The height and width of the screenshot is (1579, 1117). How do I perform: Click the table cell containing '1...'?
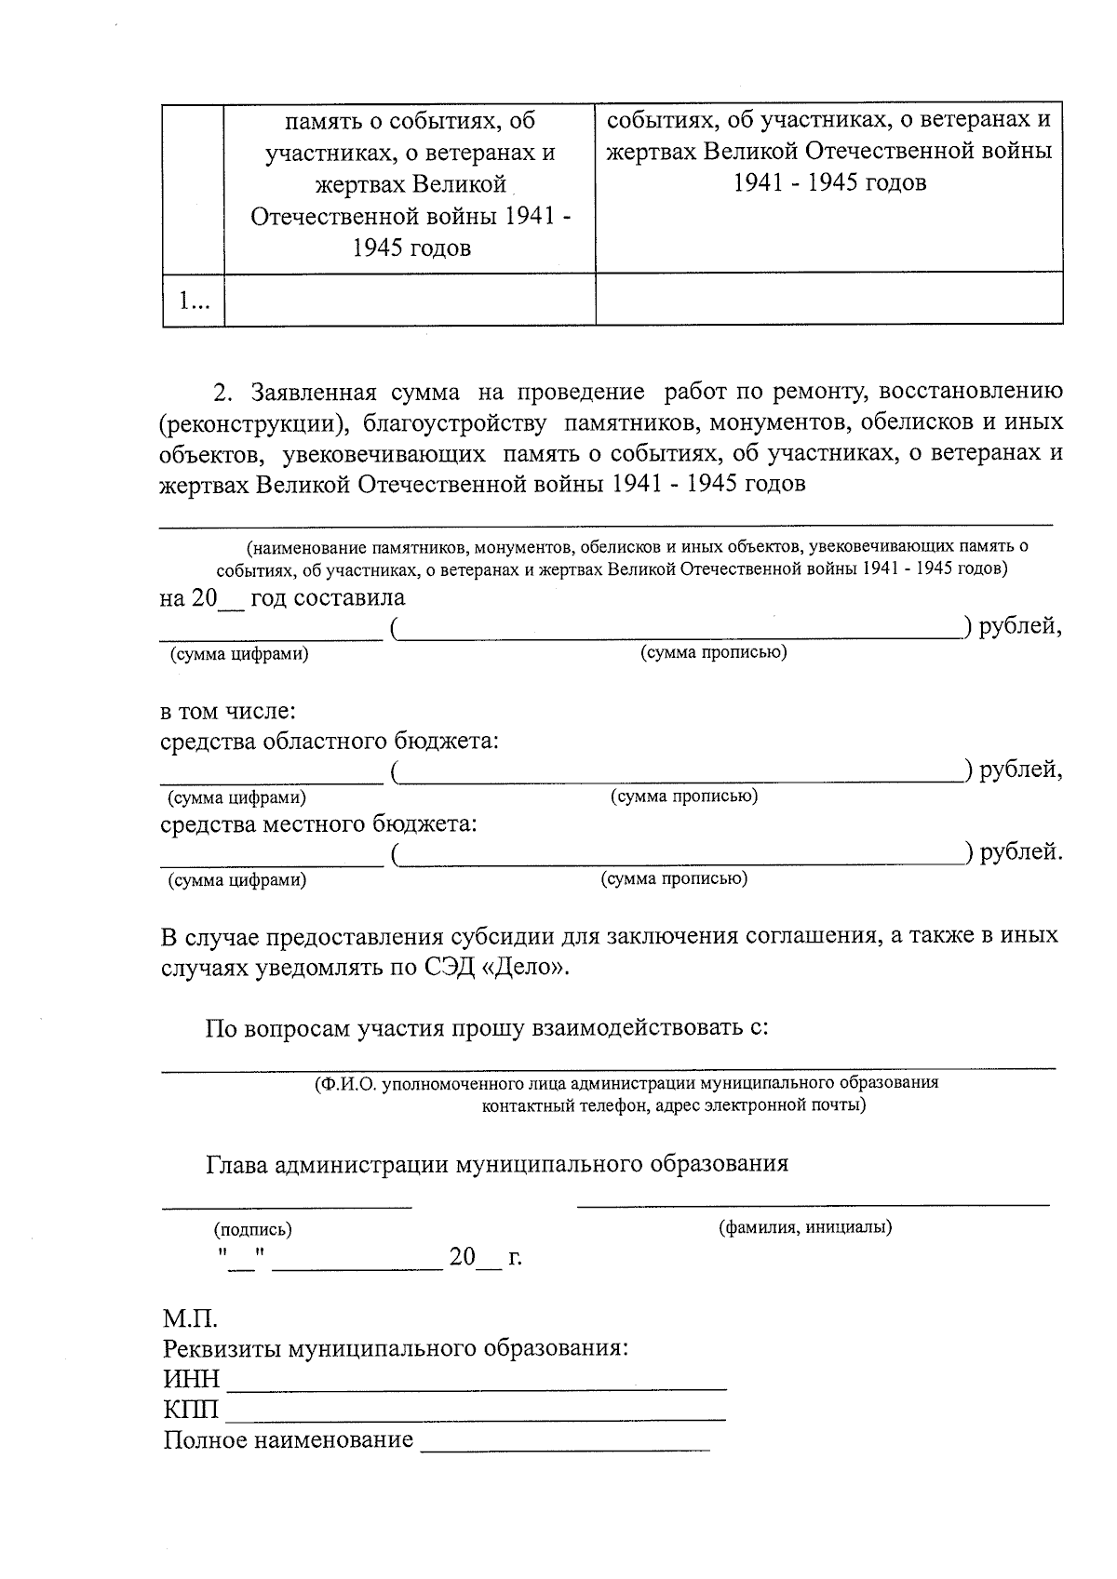194,301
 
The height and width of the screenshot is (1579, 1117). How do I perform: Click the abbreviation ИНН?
192,1379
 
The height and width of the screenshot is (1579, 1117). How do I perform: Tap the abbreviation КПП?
192,1410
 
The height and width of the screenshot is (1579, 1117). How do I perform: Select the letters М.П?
190,1318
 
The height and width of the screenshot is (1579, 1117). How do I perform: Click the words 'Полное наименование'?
289,1440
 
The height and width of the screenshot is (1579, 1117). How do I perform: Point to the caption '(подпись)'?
253,1229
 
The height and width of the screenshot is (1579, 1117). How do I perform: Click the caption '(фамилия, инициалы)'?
805,1227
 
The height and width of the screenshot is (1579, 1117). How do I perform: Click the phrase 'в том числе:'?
228,712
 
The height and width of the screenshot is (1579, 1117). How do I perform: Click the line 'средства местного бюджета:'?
318,824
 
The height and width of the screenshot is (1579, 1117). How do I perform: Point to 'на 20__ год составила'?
282,597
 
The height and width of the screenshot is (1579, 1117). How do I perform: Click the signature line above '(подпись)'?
287,1206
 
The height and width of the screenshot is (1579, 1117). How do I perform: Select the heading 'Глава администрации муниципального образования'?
497,1164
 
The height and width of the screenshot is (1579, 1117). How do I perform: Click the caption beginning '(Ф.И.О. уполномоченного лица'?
626,1083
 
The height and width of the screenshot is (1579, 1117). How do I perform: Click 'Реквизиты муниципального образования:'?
396,1348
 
